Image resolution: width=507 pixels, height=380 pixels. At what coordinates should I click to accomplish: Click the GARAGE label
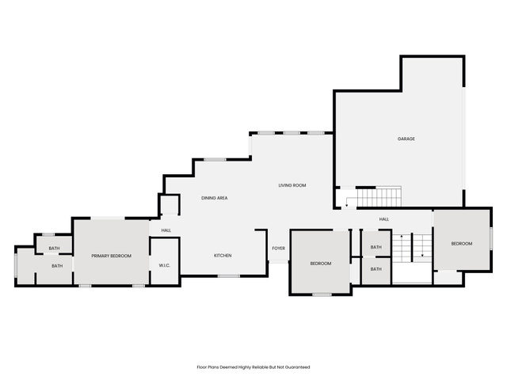point(406,139)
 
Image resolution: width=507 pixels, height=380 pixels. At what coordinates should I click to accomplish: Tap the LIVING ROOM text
point(292,185)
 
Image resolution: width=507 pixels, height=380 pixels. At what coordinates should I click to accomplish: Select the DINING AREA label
point(215,198)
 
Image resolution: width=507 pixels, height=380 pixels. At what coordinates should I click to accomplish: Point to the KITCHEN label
point(223,256)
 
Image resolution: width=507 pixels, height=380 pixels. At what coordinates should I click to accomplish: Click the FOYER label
point(278,249)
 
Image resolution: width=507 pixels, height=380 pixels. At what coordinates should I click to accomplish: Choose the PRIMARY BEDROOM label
point(111,256)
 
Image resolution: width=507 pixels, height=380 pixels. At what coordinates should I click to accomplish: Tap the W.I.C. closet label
point(165,266)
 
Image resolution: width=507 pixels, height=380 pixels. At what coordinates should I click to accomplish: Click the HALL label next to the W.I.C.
point(166,230)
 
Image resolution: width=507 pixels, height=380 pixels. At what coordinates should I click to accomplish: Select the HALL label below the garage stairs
point(384,219)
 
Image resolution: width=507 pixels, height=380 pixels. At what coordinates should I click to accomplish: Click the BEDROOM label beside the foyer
point(321,264)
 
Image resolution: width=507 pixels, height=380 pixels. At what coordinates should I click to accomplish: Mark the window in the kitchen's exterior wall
point(229,276)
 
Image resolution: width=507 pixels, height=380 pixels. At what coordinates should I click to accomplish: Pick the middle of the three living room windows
point(292,133)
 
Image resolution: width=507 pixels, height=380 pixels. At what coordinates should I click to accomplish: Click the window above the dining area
point(215,160)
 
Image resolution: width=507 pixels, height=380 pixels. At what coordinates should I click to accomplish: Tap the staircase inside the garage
point(379,197)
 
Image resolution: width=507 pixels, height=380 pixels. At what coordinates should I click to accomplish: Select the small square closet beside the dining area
point(170,204)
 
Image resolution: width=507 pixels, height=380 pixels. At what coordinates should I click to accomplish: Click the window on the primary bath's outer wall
point(16,265)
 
